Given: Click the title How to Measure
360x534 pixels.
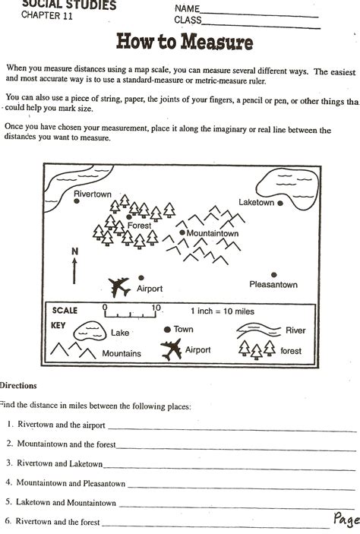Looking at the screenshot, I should coord(184,42).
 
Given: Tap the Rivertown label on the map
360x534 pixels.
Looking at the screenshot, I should coord(92,194).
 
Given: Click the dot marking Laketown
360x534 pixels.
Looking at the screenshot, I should coord(280,204).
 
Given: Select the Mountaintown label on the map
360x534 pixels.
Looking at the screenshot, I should coord(213,233).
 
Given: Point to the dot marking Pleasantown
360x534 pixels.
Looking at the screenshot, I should coord(273,275).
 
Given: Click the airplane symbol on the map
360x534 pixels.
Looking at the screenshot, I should coord(118,286).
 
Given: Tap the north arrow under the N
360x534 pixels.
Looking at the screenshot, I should coord(74,270).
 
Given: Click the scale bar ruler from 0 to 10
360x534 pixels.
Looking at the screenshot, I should coord(130,311).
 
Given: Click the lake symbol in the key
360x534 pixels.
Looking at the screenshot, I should coord(90,330).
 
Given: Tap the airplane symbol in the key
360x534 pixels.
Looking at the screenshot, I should coord(172,350).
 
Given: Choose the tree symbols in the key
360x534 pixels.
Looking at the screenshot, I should coord(257,349).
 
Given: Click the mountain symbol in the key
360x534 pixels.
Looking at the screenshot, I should coord(73,351).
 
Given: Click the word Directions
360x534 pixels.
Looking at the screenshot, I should coord(18,386).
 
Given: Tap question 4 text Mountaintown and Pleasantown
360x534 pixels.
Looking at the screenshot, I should coord(71,482).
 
